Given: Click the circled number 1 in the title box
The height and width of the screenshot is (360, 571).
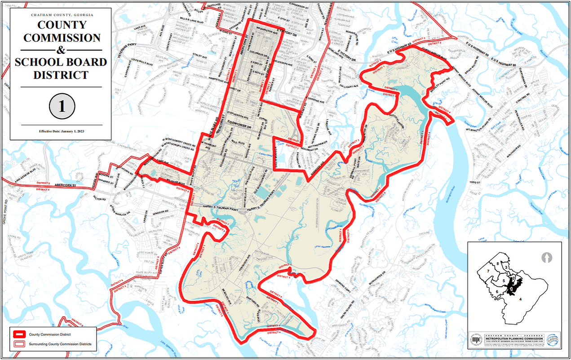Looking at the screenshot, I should (62, 106).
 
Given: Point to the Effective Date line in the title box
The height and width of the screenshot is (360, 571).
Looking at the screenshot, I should (62, 131).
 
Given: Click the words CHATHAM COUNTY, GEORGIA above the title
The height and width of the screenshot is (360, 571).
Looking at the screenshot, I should (62, 15).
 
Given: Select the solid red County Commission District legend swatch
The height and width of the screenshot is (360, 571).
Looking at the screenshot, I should (19, 334).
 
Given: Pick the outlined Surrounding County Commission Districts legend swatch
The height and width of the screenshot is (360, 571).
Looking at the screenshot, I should (19, 344).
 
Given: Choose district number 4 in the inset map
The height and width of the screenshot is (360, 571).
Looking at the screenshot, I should (521, 299).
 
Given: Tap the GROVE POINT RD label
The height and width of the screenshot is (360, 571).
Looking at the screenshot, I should (5, 211).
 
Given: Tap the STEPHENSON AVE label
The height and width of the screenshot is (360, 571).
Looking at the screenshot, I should (238, 113).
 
